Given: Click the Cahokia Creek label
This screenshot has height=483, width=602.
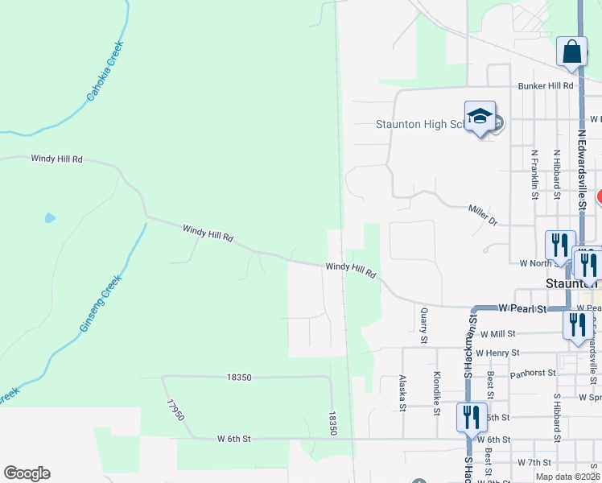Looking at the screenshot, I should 105,72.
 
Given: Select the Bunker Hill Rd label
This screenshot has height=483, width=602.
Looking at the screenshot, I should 546,85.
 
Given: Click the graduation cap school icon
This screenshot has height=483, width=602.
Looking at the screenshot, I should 479,117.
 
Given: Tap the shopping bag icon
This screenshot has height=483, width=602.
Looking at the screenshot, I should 571,52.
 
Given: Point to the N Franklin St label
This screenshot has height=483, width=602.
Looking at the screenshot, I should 534,173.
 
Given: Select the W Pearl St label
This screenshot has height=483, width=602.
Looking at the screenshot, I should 522,308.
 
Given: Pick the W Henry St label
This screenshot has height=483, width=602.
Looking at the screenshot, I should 497,353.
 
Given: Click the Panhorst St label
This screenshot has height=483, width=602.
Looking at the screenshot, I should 533,374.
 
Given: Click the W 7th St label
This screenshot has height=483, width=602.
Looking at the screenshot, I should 538,462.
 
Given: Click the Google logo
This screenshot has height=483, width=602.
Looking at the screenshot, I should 27,473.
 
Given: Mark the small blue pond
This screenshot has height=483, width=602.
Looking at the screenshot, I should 50,217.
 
